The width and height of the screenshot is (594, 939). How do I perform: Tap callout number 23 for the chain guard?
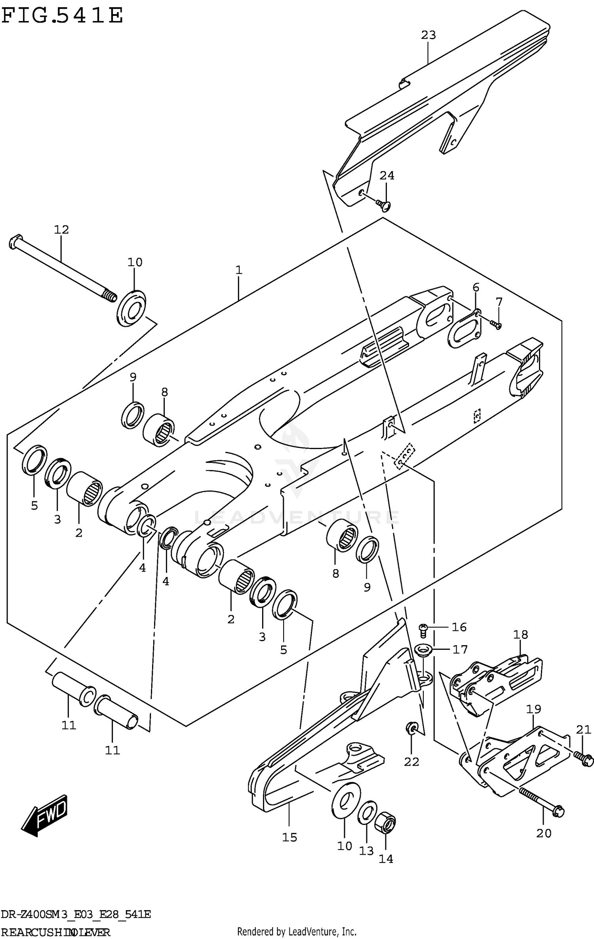(x=428, y=35)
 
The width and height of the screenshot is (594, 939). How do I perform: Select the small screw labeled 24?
(x=383, y=204)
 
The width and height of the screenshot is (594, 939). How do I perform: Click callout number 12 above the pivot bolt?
(x=61, y=229)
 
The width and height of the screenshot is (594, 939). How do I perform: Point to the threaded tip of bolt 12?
(x=110, y=295)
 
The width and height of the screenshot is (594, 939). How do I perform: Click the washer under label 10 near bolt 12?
(x=131, y=308)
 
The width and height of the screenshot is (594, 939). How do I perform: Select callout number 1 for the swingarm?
(x=238, y=270)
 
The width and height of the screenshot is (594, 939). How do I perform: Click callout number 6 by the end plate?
(x=476, y=288)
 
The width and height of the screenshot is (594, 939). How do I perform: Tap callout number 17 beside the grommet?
(x=460, y=649)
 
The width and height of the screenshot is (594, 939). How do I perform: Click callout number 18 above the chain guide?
(x=520, y=634)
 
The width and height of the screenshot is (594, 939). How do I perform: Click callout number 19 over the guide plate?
(x=533, y=709)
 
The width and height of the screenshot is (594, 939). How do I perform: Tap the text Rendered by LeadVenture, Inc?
(x=297, y=928)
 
